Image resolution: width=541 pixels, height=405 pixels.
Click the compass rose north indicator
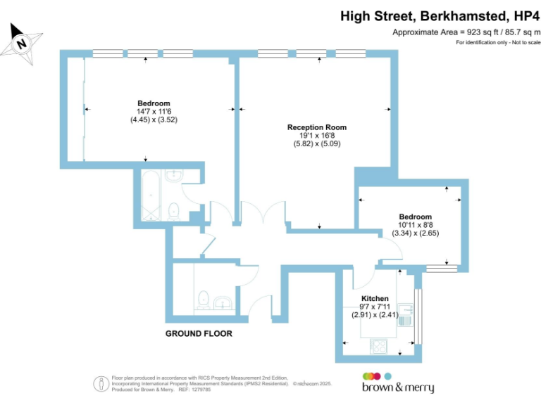click(x=22, y=44)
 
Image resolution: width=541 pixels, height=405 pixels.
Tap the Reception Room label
click(x=316, y=127)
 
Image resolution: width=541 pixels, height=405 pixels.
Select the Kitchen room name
click(x=374, y=298)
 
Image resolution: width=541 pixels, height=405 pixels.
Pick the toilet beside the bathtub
click(x=173, y=210)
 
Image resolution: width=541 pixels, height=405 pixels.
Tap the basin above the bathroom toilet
click(x=173, y=175)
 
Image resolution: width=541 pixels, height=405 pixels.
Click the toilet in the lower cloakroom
click(x=203, y=299)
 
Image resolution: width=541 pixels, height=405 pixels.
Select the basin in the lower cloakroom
click(x=224, y=303)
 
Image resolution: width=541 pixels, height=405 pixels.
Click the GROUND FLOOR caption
click(x=198, y=333)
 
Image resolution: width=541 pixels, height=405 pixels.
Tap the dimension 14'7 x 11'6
click(x=153, y=112)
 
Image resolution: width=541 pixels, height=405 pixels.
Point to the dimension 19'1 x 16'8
click(x=316, y=136)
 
